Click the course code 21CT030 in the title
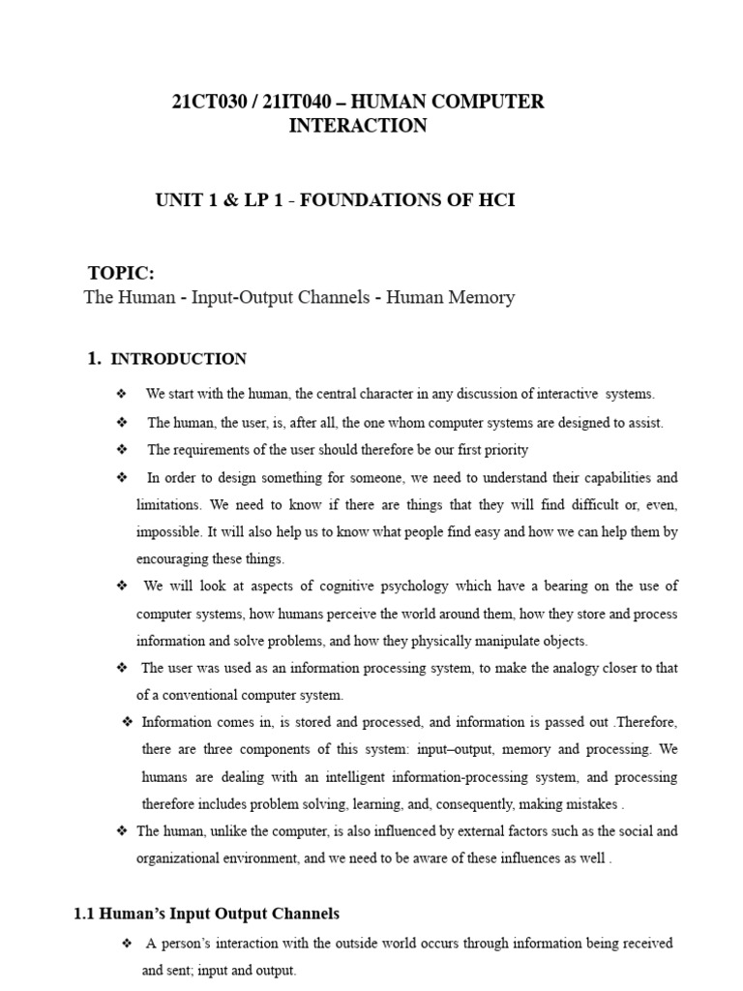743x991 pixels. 207,102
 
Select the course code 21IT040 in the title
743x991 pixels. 293,102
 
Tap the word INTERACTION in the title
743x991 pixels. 358,126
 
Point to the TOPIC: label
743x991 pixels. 121,273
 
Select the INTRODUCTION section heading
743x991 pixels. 179,359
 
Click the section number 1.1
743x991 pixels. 86,913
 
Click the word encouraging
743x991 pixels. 174,558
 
